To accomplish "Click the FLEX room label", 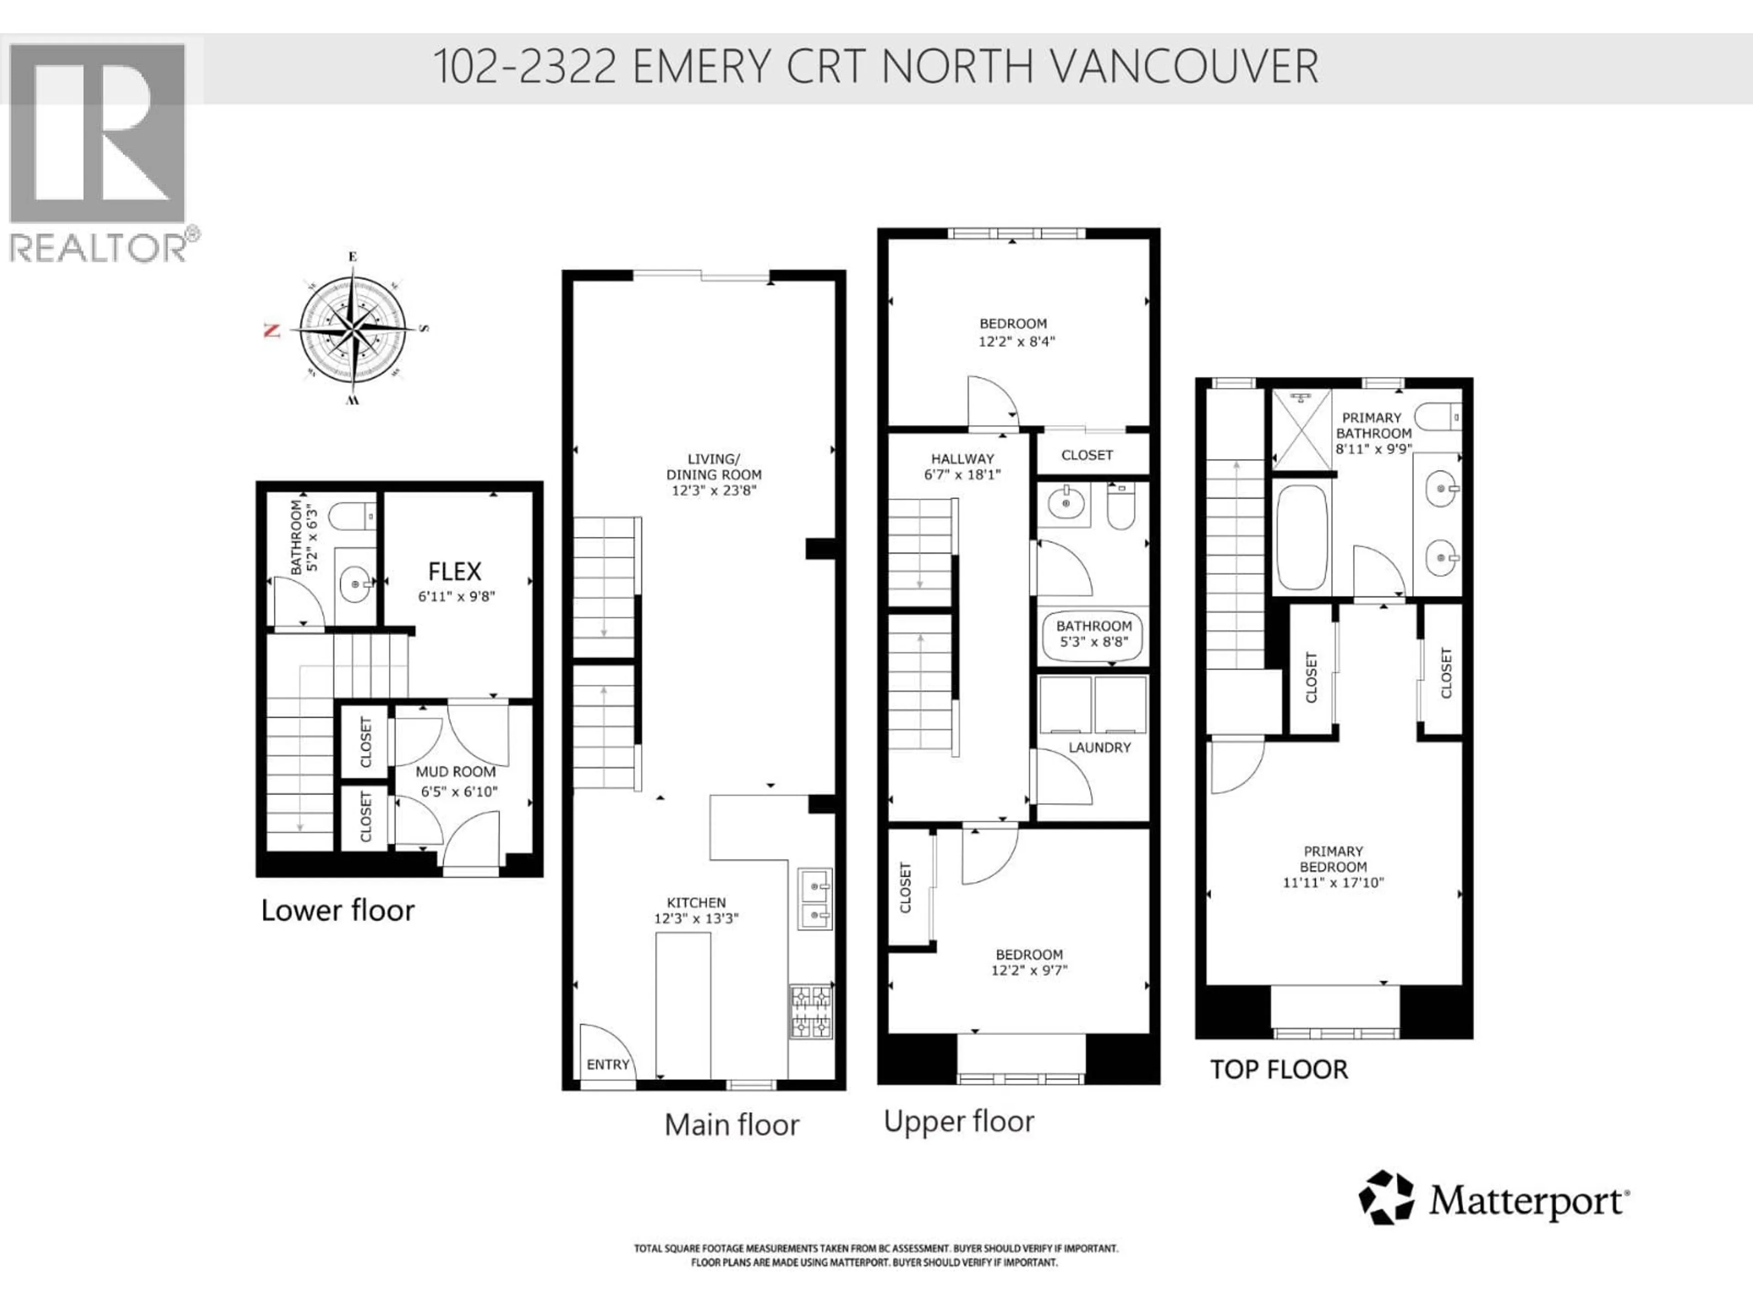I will (454, 572).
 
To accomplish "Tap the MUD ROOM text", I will (456, 771).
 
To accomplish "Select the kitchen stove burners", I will (811, 1011).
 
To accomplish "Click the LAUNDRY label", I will (1099, 747).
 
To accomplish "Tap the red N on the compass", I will (272, 331).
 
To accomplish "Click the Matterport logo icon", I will (1386, 1198).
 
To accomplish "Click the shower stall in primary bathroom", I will (1301, 429).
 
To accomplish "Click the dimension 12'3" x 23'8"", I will (713, 491).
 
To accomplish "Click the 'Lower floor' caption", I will (338, 911).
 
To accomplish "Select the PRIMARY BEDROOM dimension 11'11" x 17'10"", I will (1333, 882).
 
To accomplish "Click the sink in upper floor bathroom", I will (1064, 503).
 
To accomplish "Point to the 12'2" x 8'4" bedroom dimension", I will (1017, 342).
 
